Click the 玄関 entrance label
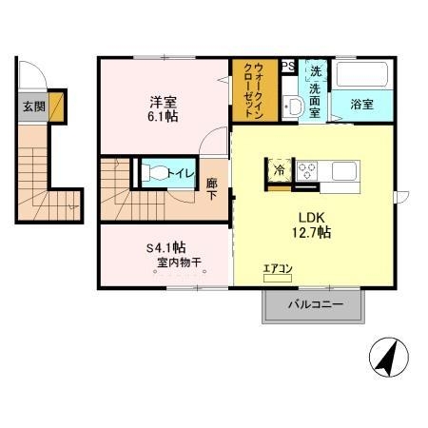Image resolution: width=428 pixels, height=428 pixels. pyautogui.click(x=34, y=107)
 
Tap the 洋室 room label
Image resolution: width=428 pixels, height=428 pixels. pyautogui.click(x=161, y=100)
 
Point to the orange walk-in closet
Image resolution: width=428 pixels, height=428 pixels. pyautogui.click(x=254, y=90)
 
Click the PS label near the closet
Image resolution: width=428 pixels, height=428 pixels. pyautogui.click(x=286, y=66)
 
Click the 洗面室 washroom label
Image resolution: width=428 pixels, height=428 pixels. pyautogui.click(x=315, y=89)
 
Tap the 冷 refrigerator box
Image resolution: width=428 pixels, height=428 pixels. pyautogui.click(x=280, y=172)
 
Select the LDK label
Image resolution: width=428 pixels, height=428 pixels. pyautogui.click(x=309, y=215)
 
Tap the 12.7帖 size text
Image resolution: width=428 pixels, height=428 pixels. pyautogui.click(x=310, y=232)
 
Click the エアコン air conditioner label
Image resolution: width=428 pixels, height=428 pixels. pyautogui.click(x=278, y=270)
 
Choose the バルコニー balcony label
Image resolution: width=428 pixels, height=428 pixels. pyautogui.click(x=313, y=305)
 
